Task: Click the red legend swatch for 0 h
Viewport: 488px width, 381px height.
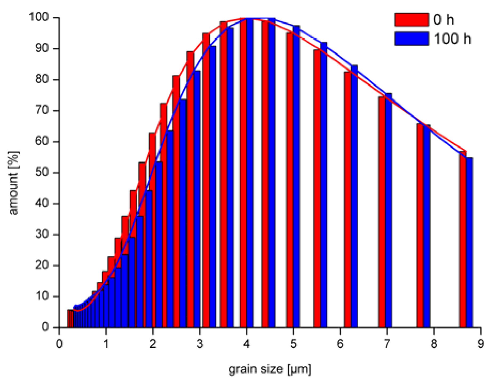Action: coord(411,20)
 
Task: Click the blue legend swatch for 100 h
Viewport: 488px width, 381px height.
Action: coord(411,38)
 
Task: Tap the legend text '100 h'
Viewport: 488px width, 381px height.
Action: coord(453,38)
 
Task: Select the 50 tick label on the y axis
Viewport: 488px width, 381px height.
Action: coord(42,172)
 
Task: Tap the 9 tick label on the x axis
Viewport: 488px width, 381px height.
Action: coord(480,344)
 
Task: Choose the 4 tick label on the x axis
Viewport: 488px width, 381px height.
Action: coord(246,344)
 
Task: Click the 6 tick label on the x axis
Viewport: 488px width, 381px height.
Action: coord(340,344)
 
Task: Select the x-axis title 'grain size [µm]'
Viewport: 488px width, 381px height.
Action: coord(270,369)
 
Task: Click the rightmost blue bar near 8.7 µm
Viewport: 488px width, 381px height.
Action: coord(469,243)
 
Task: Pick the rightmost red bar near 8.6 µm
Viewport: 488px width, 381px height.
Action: coord(462,240)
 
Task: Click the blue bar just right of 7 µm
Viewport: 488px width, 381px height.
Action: coord(388,211)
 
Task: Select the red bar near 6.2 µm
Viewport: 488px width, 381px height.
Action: coord(347,200)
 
